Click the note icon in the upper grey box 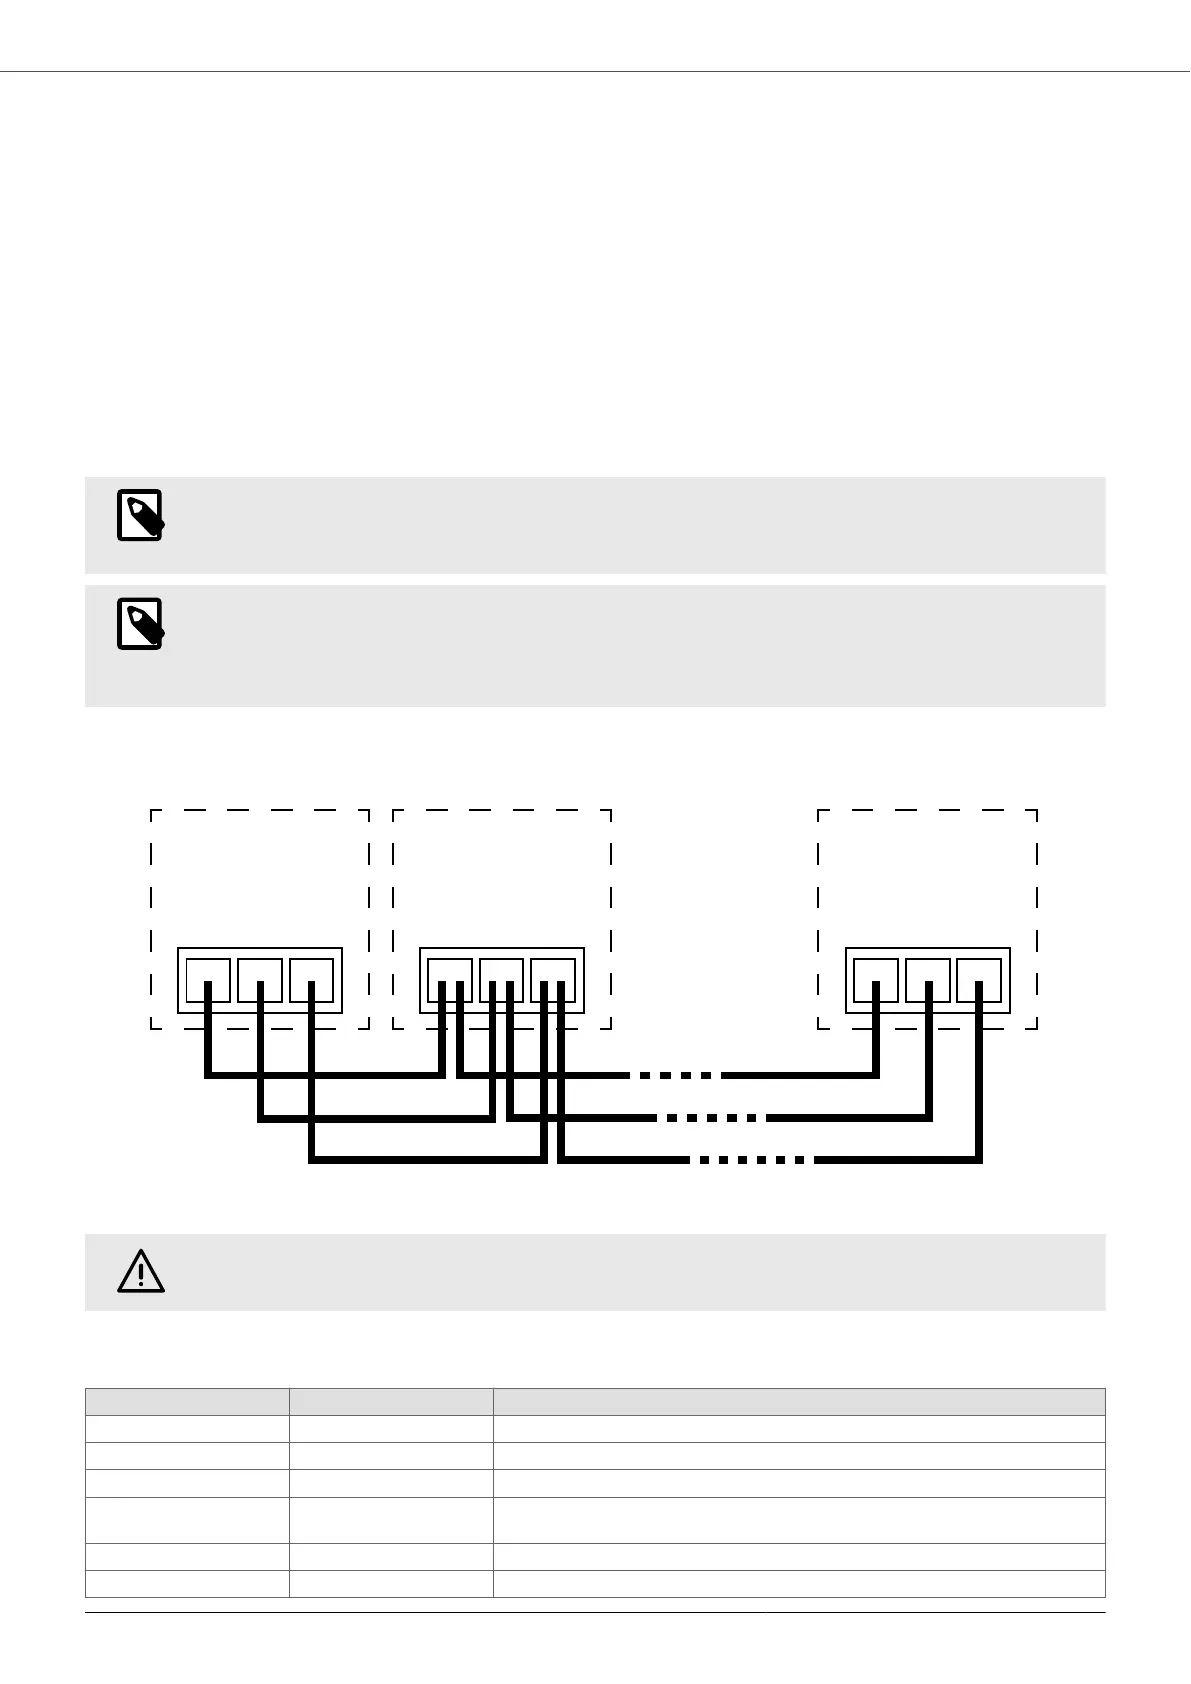pyautogui.click(x=140, y=515)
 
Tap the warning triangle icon pyautogui.click(x=141, y=1271)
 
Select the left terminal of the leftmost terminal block pyautogui.click(x=208, y=980)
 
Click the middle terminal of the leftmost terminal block pyautogui.click(x=260, y=980)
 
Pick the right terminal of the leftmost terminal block pyautogui.click(x=312, y=980)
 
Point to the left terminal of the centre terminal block pyautogui.click(x=450, y=980)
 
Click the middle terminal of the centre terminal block pyautogui.click(x=501, y=980)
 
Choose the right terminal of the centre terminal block pyautogui.click(x=553, y=980)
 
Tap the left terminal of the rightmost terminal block pyautogui.click(x=876, y=980)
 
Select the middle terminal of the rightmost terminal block pyautogui.click(x=928, y=980)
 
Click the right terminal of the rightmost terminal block pyautogui.click(x=979, y=980)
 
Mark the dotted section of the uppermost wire pyautogui.click(x=675, y=1075)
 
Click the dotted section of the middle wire pyautogui.click(x=712, y=1117)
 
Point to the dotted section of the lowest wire pyautogui.click(x=751, y=1160)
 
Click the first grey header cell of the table pyautogui.click(x=187, y=1401)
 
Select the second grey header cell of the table pyautogui.click(x=391, y=1401)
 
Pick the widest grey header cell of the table pyautogui.click(x=799, y=1401)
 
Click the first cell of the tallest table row pyautogui.click(x=187, y=1520)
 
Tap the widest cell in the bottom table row pyautogui.click(x=799, y=1583)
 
